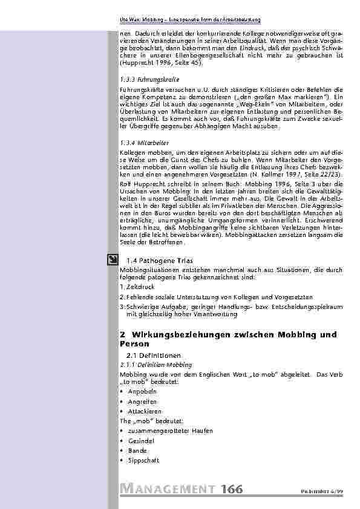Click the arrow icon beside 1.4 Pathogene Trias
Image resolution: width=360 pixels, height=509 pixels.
coord(113,261)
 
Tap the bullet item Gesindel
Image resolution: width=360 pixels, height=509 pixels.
coord(137,441)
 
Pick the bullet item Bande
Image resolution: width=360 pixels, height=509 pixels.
coord(134,451)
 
